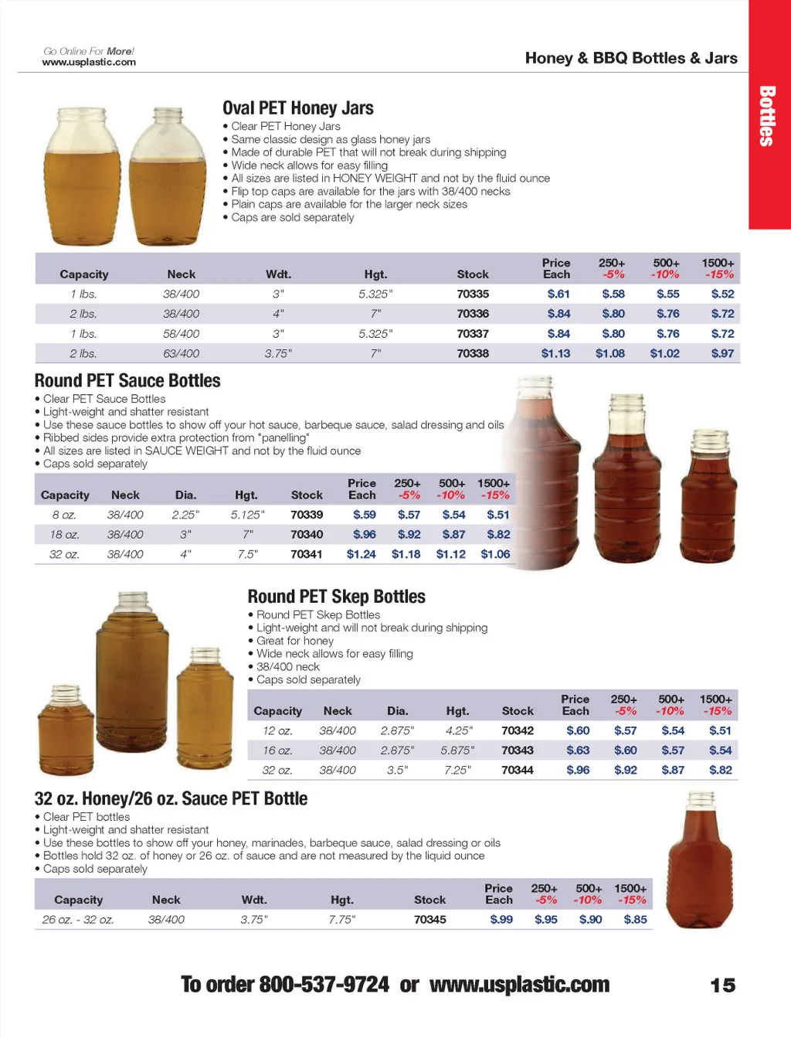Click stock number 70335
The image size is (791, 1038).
pos(472,294)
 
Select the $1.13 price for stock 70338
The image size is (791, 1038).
pos(555,353)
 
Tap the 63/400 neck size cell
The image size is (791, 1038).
pos(181,353)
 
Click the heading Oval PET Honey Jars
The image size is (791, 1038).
pos(297,108)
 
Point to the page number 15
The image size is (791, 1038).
pos(722,985)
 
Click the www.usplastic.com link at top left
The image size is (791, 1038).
pos(89,62)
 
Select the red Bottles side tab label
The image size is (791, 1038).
pos(767,116)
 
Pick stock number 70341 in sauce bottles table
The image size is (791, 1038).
pos(307,554)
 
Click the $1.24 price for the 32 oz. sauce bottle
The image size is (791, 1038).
pos(361,554)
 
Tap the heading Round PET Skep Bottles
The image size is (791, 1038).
pos(336,597)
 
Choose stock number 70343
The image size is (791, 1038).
pos(517,750)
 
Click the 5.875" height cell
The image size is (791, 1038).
pos(457,750)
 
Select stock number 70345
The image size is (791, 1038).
pos(429,919)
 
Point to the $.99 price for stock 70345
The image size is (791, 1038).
pos(501,919)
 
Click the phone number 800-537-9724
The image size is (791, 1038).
pos(324,985)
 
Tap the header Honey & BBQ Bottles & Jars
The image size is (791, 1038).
pos(630,58)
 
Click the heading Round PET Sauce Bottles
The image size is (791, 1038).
pos(127,381)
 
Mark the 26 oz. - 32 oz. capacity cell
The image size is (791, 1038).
pos(78,919)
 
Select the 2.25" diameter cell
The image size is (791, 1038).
pos(185,515)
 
